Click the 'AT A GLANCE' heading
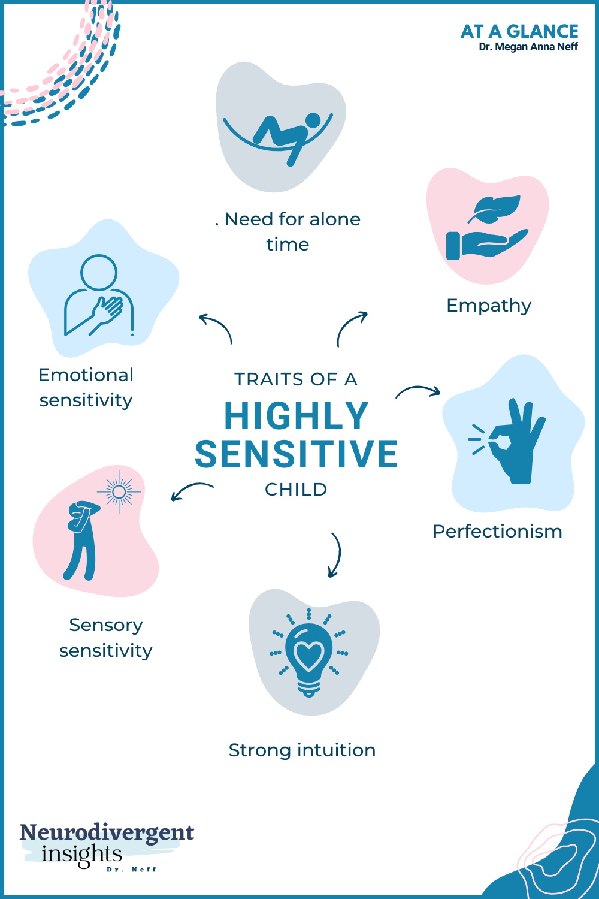[x=519, y=31]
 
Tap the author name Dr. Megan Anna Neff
[x=528, y=47]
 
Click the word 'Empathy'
[x=489, y=306]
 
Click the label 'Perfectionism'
[x=497, y=532]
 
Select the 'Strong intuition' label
[x=302, y=750]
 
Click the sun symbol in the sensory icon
[x=119, y=492]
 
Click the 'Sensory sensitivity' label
[x=106, y=638]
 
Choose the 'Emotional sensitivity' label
[x=86, y=387]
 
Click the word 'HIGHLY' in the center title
[x=297, y=416]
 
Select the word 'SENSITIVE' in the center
[x=297, y=454]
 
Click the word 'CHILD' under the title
[x=296, y=490]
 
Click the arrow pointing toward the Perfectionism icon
[x=418, y=391]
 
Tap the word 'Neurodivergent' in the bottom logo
[x=107, y=832]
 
